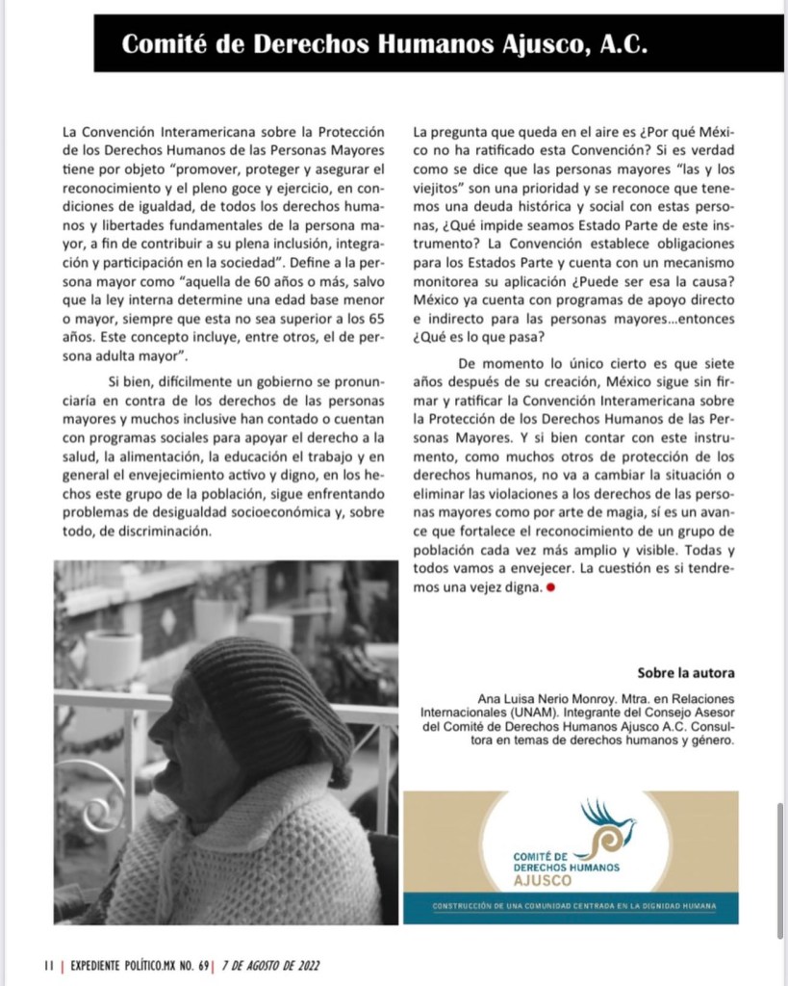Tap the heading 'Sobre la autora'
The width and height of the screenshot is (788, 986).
pyautogui.click(x=686, y=673)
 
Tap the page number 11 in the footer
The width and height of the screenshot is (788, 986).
pyautogui.click(x=49, y=966)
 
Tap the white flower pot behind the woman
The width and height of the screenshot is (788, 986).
pyautogui.click(x=113, y=654)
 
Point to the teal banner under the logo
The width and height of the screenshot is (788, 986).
pyautogui.click(x=571, y=907)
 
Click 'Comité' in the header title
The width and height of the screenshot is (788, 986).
pyautogui.click(x=163, y=44)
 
